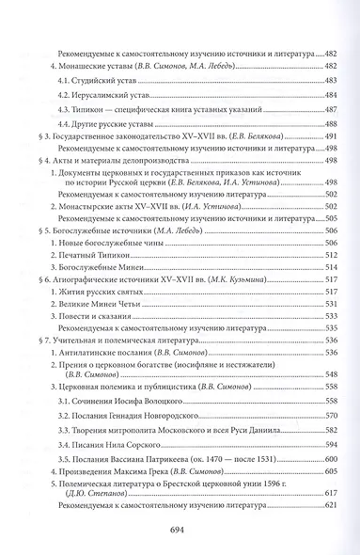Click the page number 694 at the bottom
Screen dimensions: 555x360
(180, 529)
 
